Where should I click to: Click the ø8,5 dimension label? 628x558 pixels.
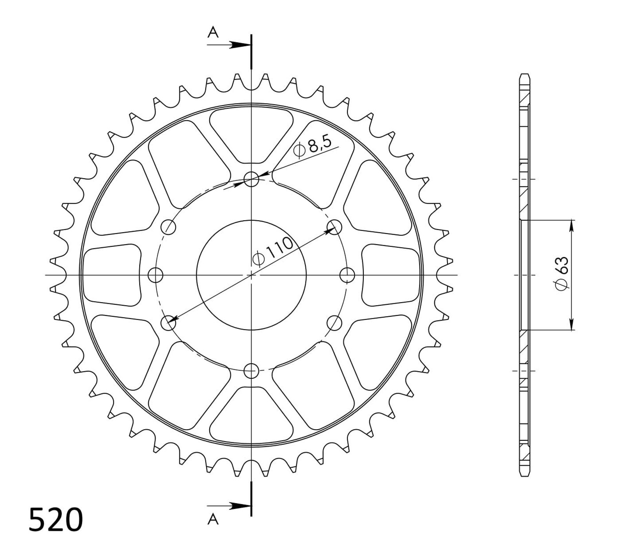pyautogui.click(x=313, y=147)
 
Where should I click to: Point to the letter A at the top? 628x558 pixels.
pyautogui.click(x=213, y=33)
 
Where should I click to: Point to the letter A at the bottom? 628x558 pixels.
pyautogui.click(x=213, y=520)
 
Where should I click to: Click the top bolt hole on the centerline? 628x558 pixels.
pyautogui.click(x=251, y=180)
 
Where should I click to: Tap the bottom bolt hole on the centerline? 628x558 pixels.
pyautogui.click(x=251, y=370)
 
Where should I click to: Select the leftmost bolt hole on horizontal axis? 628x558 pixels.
pyautogui.click(x=156, y=275)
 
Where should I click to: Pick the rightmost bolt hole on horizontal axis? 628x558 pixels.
pyautogui.click(x=347, y=275)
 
